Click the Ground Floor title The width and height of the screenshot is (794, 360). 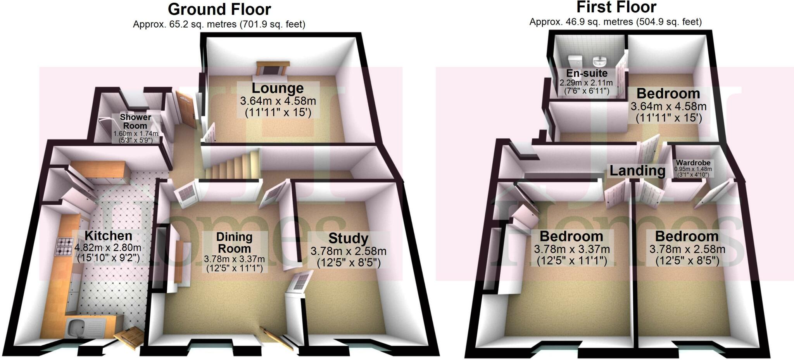pyautogui.click(x=219, y=9)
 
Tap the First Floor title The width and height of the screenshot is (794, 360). pyautogui.click(x=616, y=7)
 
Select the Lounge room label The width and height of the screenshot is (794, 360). pyautogui.click(x=278, y=88)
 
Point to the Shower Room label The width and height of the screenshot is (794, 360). pyautogui.click(x=135, y=121)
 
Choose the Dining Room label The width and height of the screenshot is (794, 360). pyautogui.click(x=234, y=243)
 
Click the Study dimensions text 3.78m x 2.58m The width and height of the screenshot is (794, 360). pyautogui.click(x=348, y=251)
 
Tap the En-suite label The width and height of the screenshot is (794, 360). pyautogui.click(x=587, y=73)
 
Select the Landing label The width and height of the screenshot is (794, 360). pyautogui.click(x=637, y=171)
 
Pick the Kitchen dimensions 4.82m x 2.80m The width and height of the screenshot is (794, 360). pyautogui.click(x=108, y=248)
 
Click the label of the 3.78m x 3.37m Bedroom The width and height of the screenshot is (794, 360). pyautogui.click(x=571, y=236)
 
